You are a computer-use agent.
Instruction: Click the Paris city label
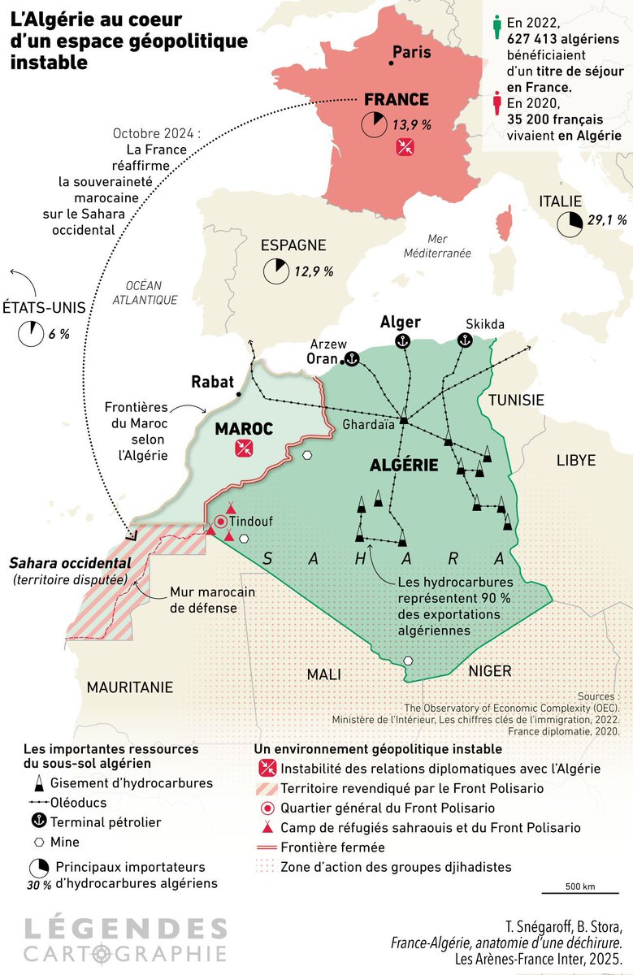[x=412, y=53]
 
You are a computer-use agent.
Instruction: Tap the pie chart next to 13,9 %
[x=375, y=124]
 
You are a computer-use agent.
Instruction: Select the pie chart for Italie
[x=570, y=220]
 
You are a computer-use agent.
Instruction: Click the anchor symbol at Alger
[x=400, y=342]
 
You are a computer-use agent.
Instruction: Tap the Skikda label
[x=485, y=324]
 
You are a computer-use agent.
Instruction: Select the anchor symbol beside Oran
[x=352, y=358]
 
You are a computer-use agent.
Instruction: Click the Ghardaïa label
[x=367, y=425]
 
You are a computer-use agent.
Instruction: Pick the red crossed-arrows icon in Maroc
[x=243, y=448]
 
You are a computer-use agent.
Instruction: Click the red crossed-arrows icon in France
[x=405, y=147]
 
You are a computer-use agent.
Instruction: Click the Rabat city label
[x=212, y=381]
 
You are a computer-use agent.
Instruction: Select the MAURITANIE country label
[x=130, y=687]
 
